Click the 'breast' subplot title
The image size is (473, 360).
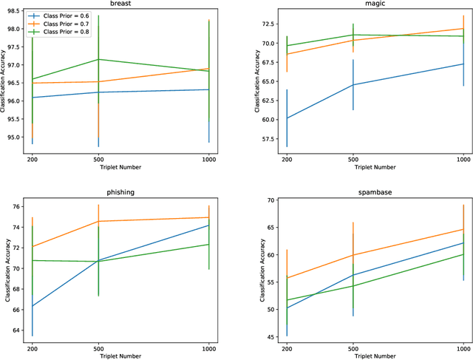tap(120, 4)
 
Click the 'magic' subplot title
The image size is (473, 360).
tap(373, 4)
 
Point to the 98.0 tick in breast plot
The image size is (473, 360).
tap(14, 30)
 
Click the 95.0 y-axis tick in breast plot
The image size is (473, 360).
tap(14, 135)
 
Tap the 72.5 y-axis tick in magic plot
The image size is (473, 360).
tap(268, 25)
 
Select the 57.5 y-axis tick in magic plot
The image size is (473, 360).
tap(268, 137)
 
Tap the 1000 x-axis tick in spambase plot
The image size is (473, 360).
tap(463, 347)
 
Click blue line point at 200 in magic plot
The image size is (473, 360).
tap(287, 118)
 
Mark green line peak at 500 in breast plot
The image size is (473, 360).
tap(98, 59)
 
